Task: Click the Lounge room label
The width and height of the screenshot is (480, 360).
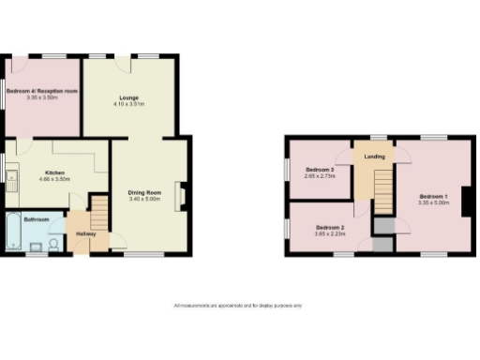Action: tap(129, 96)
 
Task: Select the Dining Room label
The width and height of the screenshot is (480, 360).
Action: tap(145, 192)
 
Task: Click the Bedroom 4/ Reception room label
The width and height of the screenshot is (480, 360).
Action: tap(41, 91)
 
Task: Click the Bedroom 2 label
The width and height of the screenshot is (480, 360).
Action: tap(330, 228)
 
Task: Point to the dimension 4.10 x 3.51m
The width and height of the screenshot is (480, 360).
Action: tap(129, 102)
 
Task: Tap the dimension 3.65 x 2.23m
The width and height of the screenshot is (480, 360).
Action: tap(330, 234)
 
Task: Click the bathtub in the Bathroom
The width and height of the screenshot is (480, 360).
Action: tap(12, 233)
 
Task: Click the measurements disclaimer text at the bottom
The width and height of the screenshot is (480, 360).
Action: tap(238, 306)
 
